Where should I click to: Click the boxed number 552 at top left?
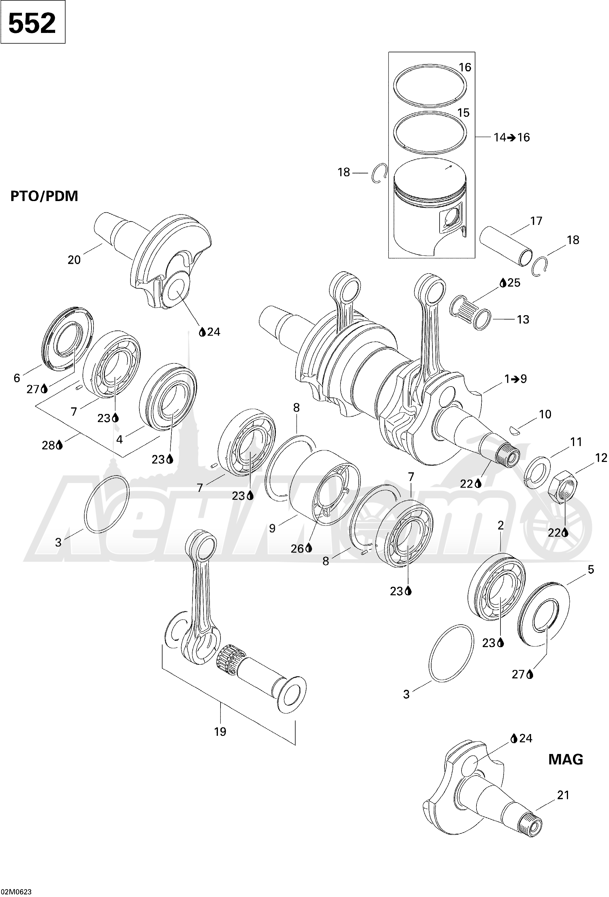(x=32, y=23)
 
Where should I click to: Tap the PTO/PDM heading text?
(x=44, y=196)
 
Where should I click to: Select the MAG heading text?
(x=565, y=759)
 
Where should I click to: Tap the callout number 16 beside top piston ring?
(x=465, y=68)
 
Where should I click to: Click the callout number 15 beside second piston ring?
(x=463, y=113)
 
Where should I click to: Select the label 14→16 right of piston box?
(x=512, y=138)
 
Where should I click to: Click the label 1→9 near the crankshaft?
(x=515, y=379)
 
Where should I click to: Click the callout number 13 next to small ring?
(x=523, y=320)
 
